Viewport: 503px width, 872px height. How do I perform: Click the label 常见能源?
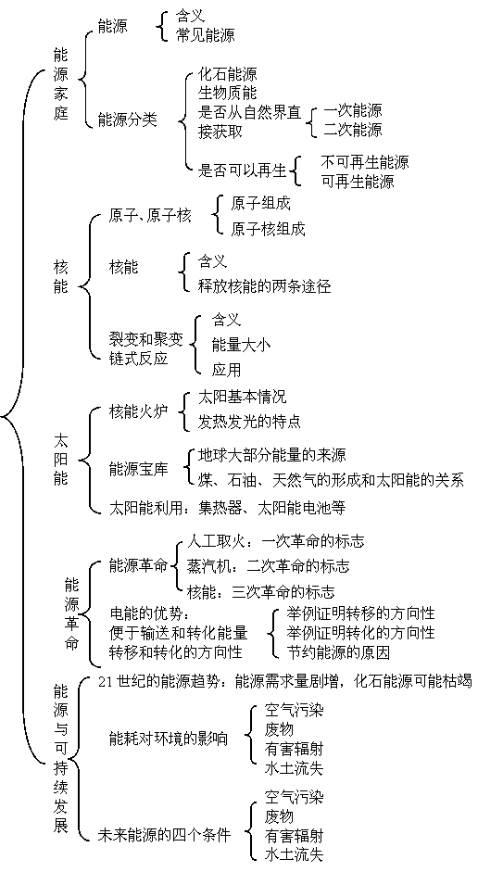coord(205,35)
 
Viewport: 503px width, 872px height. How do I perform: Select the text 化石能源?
coord(227,74)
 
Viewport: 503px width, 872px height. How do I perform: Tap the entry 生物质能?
coord(227,93)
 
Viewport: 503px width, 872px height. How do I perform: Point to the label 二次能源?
coord(353,130)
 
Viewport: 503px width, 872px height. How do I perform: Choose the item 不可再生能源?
coord(365,162)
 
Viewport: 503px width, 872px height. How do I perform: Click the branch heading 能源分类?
coord(127,120)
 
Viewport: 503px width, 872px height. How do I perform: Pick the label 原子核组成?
coord(268,228)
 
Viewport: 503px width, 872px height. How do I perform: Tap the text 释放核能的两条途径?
coord(265,285)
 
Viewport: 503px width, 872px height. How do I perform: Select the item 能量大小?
coord(241,346)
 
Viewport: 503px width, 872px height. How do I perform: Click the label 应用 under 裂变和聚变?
coord(226,369)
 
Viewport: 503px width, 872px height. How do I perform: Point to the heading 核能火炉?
coord(138,412)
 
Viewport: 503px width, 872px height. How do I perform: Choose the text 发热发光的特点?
coord(249,421)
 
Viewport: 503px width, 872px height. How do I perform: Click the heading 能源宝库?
coord(138,470)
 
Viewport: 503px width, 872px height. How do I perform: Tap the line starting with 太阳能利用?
coord(227,507)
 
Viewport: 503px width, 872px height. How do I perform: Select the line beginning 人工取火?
coord(276,541)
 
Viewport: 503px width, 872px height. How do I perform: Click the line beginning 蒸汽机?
coord(269,566)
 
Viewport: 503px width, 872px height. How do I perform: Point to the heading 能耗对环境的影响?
coord(169,739)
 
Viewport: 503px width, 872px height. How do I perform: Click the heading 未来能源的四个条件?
coord(164,834)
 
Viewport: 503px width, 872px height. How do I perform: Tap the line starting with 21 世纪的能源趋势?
coord(284,681)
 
